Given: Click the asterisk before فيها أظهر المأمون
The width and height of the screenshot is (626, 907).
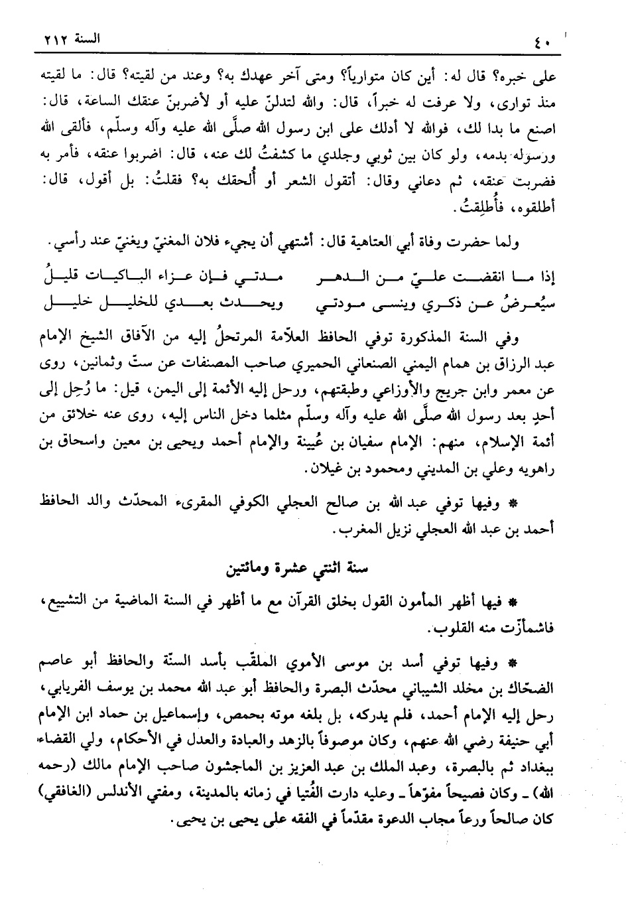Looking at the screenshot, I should tap(513, 604).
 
